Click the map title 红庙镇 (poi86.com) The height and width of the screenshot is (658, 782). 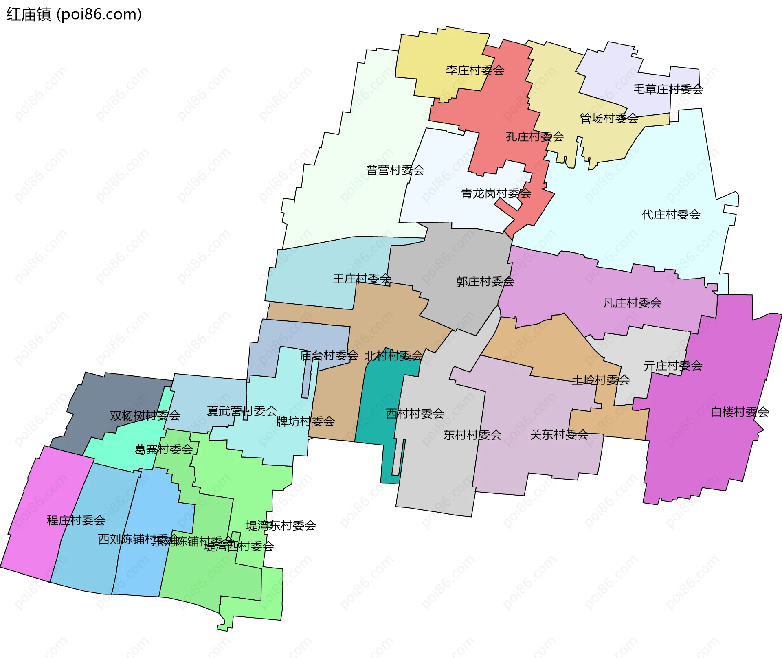pos(74,14)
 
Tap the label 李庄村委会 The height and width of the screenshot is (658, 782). pos(475,70)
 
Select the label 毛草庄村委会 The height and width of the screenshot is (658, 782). pos(668,89)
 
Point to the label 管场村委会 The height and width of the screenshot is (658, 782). pos(609,118)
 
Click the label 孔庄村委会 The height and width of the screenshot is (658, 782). pos(535,137)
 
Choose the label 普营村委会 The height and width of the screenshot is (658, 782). pos(395,170)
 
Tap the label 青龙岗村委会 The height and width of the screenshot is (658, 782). pos(496,193)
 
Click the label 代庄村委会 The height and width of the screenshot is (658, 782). pos(671,215)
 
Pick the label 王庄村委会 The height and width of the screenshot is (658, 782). pos(362,279)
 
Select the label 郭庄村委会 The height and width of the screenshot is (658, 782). pos(485,282)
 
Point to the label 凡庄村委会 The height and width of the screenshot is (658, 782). pos(632,303)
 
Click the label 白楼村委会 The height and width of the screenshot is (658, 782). pos(740,412)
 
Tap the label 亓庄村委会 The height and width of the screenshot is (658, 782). pos(673,366)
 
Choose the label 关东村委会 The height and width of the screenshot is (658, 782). pos(559,435)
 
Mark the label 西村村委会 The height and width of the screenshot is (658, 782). pos(415,414)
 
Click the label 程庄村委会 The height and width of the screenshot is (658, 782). pos(76,520)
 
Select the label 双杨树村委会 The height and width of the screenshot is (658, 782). pos(145,416)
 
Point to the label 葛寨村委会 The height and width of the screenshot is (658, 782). pos(163,450)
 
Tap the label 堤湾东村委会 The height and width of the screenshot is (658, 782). pos(281,526)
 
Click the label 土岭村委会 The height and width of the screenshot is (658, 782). pos(600,380)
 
